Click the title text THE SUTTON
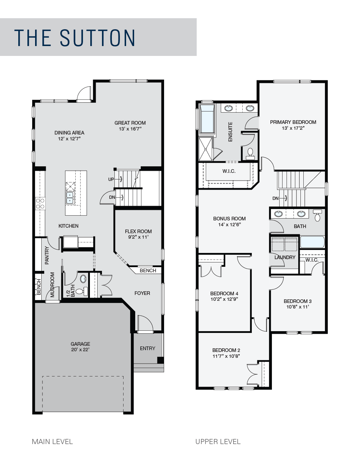75,38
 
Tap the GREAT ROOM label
130,123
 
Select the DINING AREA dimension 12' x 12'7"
69,139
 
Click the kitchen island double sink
70,198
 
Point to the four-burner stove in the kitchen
40,204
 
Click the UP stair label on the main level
111,179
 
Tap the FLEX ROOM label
138,231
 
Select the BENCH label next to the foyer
148,270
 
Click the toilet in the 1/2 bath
82,291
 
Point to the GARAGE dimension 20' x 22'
80,350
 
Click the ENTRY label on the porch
148,348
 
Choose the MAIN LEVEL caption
52,442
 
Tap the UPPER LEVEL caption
218,442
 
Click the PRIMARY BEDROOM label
293,122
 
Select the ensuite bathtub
207,119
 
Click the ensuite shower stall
206,149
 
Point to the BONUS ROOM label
230,219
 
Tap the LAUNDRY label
285,257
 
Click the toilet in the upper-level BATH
317,215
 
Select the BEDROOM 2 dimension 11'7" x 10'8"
226,356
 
